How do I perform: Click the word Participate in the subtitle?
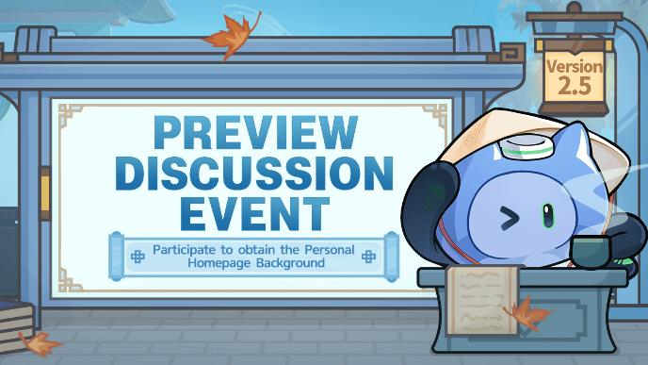click(x=186, y=252)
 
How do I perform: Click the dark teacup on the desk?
click(x=591, y=252)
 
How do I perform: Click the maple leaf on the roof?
click(x=228, y=37)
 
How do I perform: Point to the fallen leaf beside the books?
click(x=40, y=340)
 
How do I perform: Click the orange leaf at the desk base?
click(x=527, y=315)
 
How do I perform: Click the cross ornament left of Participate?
click(x=136, y=254)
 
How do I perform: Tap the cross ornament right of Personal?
click(x=370, y=254)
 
